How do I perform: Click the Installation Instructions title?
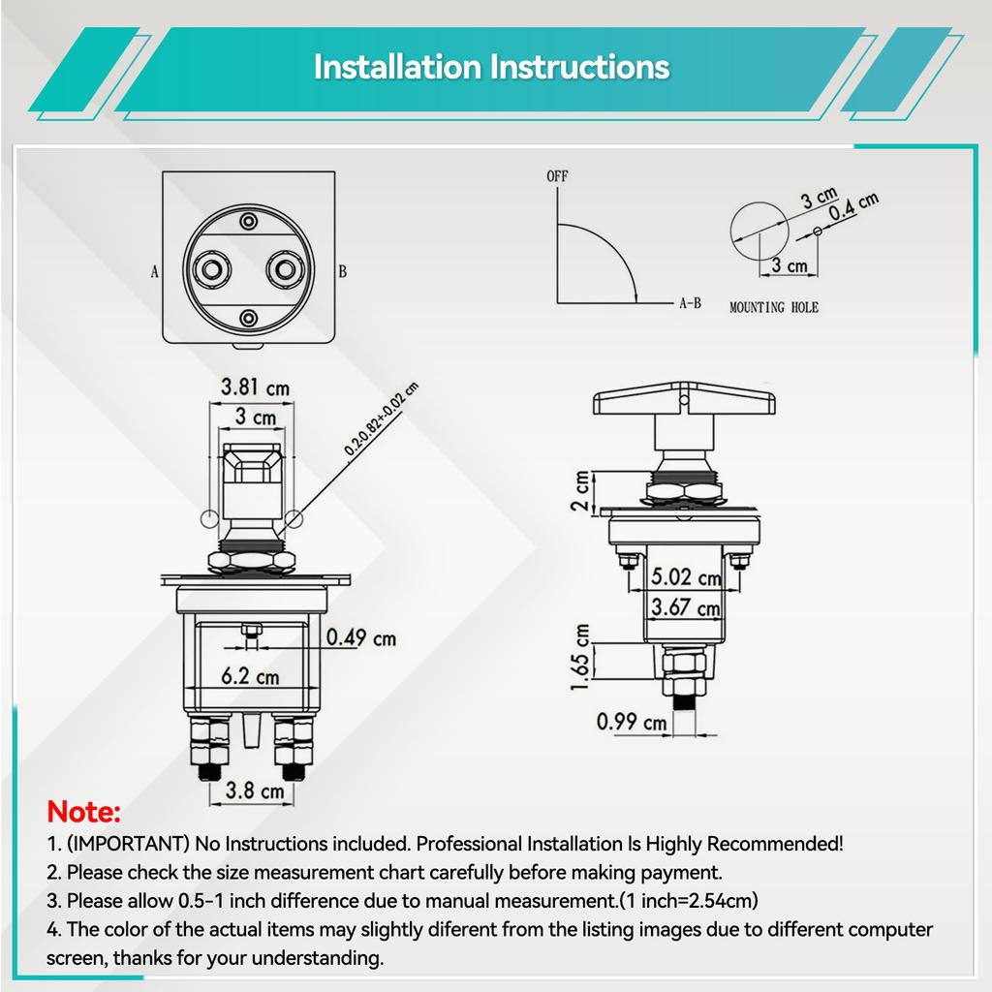(x=491, y=67)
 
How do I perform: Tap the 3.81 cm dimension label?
(x=255, y=387)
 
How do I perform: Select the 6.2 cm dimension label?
(x=250, y=676)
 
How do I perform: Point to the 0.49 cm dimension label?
(x=361, y=637)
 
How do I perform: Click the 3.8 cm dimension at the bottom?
(x=255, y=790)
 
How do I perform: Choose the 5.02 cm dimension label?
(x=687, y=577)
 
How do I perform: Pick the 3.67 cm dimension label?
(x=686, y=607)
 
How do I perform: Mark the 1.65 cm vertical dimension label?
(x=580, y=658)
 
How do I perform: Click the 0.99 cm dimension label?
(x=632, y=722)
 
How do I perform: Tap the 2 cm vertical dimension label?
(x=580, y=491)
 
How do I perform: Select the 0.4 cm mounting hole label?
(x=853, y=206)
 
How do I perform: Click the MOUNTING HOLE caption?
(x=774, y=307)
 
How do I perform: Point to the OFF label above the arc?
(x=557, y=176)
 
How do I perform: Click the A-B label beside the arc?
(x=690, y=303)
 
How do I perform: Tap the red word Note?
(x=83, y=812)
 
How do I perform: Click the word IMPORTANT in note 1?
(x=129, y=844)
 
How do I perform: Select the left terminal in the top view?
(x=211, y=269)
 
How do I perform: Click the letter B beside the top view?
(x=342, y=271)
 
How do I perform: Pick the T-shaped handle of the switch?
(x=684, y=399)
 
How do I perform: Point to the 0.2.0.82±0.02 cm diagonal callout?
(x=382, y=418)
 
